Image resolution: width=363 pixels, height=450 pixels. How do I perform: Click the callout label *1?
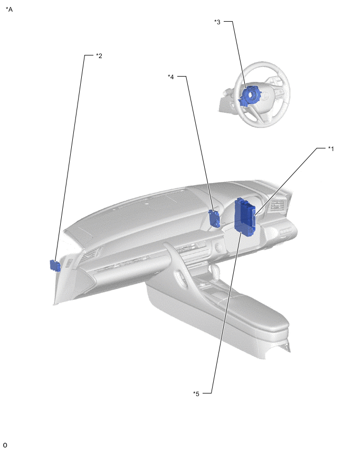click(331, 148)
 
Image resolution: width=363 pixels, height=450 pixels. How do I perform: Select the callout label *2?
click(99, 55)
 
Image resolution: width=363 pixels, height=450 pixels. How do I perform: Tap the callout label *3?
click(217, 22)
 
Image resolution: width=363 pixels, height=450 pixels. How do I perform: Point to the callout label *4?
click(170, 77)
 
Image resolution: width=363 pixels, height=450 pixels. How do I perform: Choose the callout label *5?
click(196, 394)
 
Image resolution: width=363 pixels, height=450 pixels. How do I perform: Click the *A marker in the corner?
click(9, 10)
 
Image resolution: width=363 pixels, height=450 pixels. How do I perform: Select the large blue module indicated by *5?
click(245, 217)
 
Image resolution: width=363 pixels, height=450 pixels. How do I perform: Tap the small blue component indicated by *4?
click(214, 219)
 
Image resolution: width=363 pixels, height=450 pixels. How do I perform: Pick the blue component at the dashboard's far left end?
click(55, 266)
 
